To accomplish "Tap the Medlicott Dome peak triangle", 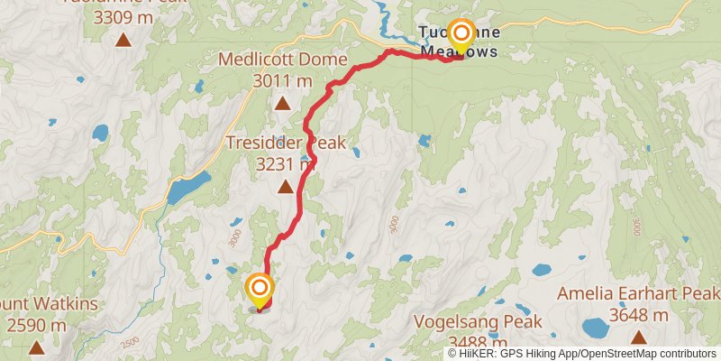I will click(x=283, y=103).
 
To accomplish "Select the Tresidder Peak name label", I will click(x=287, y=144).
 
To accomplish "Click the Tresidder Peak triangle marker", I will click(x=286, y=187).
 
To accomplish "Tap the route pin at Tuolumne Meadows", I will click(x=461, y=36).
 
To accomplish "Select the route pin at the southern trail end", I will click(x=260, y=289).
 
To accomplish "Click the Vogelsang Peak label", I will click(x=478, y=322).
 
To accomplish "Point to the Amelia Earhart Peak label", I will click(x=638, y=294).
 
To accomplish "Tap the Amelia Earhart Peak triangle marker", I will click(x=639, y=338).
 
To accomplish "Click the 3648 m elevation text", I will click(x=638, y=315).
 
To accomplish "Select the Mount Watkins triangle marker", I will click(x=36, y=347).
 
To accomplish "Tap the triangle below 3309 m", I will click(x=122, y=40).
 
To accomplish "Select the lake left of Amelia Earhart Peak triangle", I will click(x=596, y=328).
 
